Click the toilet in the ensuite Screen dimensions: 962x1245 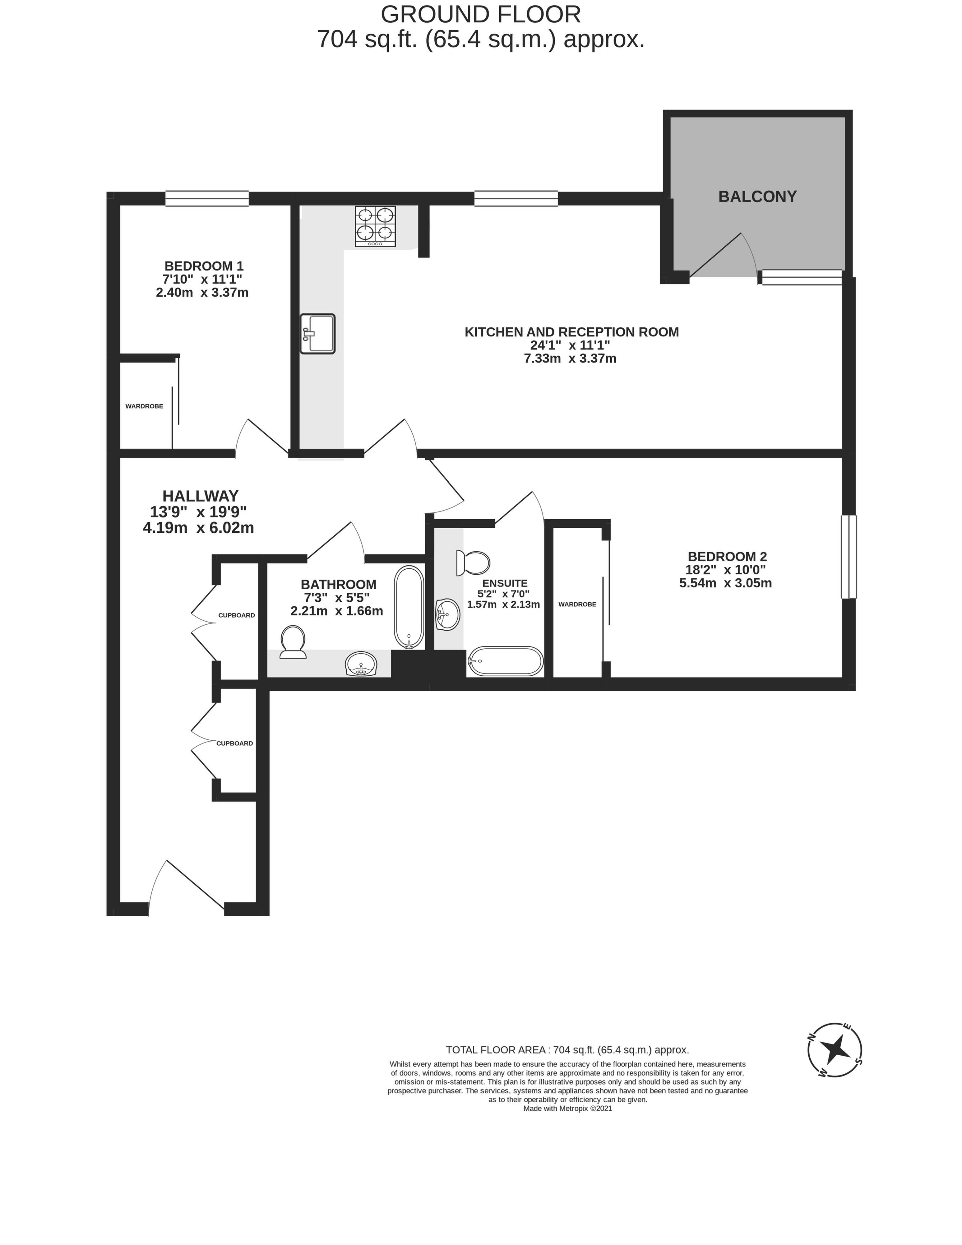tap(473, 563)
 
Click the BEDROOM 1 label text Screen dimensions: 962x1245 tap(204, 266)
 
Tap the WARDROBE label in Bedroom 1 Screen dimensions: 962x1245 tap(144, 406)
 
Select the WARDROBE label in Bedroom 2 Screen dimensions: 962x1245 tap(577, 604)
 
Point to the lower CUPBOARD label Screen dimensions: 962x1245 tap(234, 743)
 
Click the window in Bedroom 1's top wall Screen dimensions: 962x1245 tap(207, 198)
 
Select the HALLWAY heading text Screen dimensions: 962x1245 tap(201, 496)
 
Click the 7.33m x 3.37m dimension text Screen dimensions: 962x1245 tap(570, 359)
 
